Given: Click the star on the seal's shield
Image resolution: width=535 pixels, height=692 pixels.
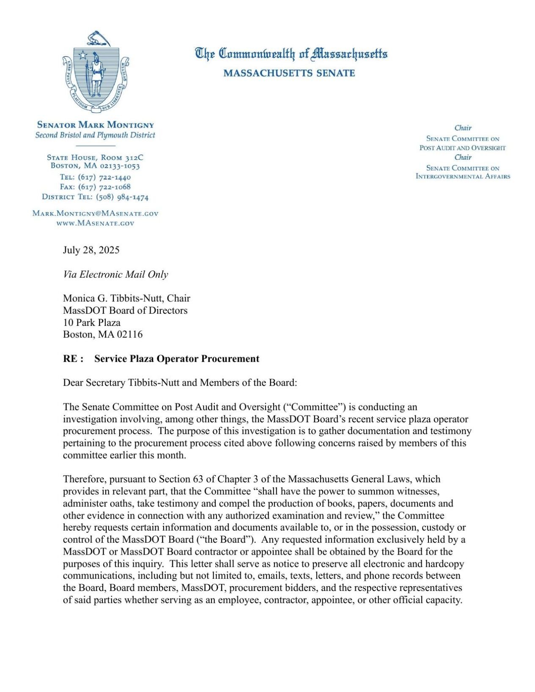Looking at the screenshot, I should (83, 55).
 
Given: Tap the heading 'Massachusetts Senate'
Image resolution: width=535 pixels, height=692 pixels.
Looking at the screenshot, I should (289, 73).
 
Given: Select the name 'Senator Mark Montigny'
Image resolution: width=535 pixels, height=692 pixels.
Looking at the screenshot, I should (96, 125).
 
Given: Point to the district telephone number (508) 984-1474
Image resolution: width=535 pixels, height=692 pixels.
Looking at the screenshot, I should (122, 197).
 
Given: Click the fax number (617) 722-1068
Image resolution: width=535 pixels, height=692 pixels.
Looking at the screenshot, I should (104, 187).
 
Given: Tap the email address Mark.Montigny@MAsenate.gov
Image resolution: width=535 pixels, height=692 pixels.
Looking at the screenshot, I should (96, 213).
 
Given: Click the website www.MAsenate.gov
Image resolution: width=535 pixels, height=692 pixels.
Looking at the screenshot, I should (96, 223).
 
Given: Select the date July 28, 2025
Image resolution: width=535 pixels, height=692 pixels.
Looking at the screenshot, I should (91, 250).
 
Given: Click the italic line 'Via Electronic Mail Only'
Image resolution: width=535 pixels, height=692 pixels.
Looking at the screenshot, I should (115, 275).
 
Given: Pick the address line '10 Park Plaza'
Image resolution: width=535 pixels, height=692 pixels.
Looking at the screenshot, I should (92, 323).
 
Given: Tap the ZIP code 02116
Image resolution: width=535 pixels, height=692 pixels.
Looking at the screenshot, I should (130, 335).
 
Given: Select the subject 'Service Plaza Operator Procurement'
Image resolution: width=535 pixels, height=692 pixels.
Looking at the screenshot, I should (177, 359).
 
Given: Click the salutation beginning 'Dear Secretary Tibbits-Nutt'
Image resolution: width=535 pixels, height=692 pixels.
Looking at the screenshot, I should (180, 383).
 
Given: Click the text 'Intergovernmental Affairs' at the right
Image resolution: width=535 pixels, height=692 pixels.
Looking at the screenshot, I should (463, 177).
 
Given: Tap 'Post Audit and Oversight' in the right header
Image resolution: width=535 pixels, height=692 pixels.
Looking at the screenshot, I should (463, 148).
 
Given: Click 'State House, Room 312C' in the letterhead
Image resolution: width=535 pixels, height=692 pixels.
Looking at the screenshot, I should (95, 158).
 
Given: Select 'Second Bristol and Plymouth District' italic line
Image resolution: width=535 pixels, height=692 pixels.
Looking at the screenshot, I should (96, 135).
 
